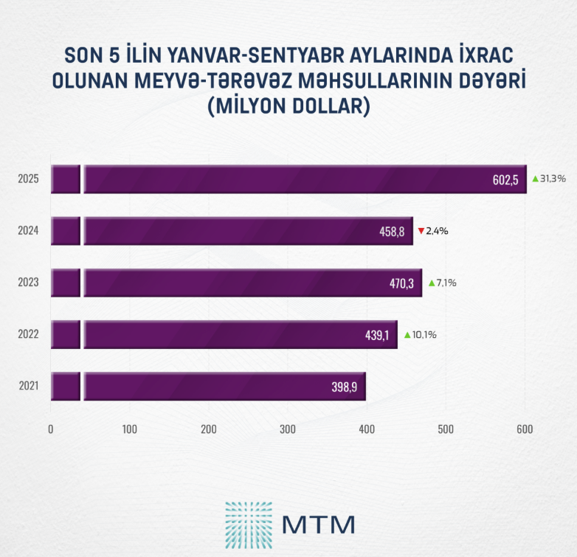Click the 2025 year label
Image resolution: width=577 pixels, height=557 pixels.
[x=28, y=179]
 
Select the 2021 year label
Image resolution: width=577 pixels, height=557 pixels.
[x=28, y=387]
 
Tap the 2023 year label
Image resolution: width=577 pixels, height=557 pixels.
[x=28, y=283]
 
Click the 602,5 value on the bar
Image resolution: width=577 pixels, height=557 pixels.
[x=506, y=179]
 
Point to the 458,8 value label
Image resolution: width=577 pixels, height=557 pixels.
[x=392, y=232]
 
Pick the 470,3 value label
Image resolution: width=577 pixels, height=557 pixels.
[x=401, y=283]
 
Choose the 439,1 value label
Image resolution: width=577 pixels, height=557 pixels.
[x=377, y=335]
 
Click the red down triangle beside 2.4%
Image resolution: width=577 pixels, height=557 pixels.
[x=421, y=231]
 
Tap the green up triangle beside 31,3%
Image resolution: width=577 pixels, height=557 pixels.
[x=535, y=179]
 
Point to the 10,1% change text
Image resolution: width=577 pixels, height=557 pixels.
[x=424, y=335]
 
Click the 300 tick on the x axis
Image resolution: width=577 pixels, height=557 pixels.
[x=288, y=429]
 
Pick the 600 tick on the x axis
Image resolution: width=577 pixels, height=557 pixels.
[x=525, y=429]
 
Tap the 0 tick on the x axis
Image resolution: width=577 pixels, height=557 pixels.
[x=51, y=429]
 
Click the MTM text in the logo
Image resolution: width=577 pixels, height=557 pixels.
[x=319, y=524]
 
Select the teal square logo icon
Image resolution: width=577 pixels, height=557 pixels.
[x=248, y=523]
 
